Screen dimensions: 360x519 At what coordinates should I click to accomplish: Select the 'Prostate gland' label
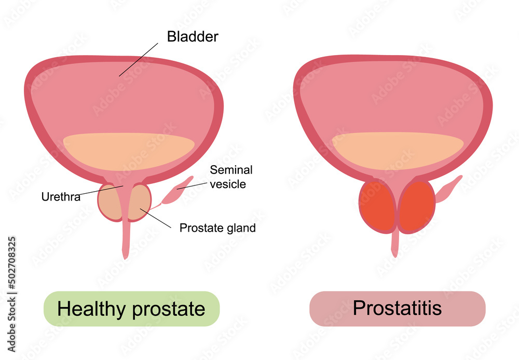217,228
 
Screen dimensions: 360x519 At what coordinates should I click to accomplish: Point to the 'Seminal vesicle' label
231,177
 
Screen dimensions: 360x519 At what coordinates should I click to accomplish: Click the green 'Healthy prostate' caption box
131,309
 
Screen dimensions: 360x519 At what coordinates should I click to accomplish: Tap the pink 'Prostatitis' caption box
397,309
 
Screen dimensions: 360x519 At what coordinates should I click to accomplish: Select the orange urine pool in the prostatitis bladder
397,148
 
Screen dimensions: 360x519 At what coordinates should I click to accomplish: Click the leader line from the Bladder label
139,60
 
